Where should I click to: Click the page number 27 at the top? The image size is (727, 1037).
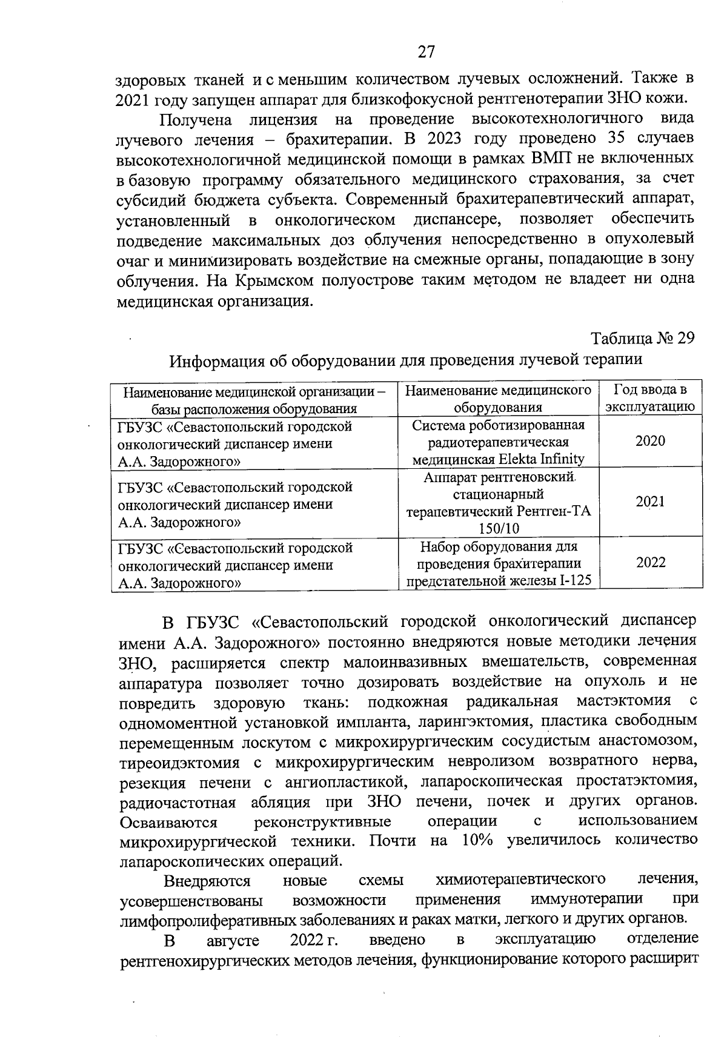click(x=426, y=52)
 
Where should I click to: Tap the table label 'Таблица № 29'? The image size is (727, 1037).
click(x=643, y=337)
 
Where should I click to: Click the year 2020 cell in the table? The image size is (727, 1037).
click(x=650, y=440)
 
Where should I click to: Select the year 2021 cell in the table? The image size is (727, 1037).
click(x=650, y=502)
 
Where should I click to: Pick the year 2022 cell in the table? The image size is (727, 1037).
click(x=651, y=562)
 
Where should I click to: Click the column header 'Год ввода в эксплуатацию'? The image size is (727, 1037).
click(x=650, y=397)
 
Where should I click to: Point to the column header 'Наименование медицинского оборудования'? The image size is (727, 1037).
click(x=498, y=398)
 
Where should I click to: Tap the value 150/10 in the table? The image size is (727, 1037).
click(x=499, y=528)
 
